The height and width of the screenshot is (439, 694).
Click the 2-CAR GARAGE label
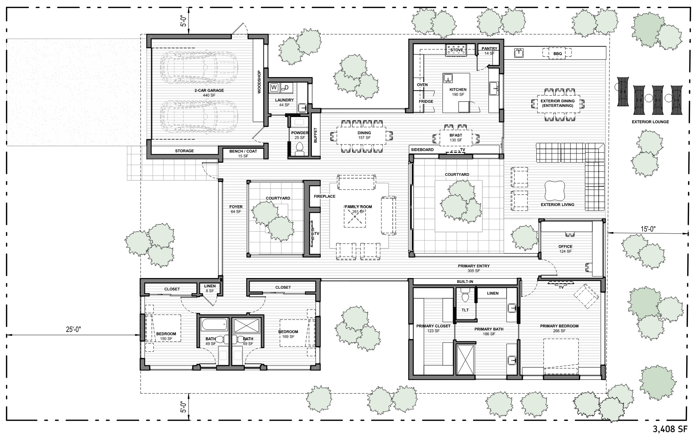click(209, 93)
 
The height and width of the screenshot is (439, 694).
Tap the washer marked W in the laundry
click(274, 87)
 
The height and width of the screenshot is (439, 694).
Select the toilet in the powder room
click(300, 147)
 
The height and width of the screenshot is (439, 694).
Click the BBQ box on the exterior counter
click(557, 54)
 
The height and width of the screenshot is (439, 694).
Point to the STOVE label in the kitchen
click(456, 50)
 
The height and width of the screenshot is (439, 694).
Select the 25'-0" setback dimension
click(74, 329)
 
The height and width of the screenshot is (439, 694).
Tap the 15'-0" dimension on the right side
click(646, 229)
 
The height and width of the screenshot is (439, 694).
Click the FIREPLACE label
click(324, 197)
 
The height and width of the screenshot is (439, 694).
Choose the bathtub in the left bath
click(214, 325)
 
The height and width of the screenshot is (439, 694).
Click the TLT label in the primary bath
click(465, 310)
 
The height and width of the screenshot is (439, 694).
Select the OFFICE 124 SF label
click(565, 249)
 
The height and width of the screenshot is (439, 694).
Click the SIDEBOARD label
click(422, 150)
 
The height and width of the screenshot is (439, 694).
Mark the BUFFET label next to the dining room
click(315, 135)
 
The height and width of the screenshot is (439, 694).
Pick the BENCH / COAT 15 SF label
click(243, 153)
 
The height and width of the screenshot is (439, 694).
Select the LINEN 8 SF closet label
click(209, 288)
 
